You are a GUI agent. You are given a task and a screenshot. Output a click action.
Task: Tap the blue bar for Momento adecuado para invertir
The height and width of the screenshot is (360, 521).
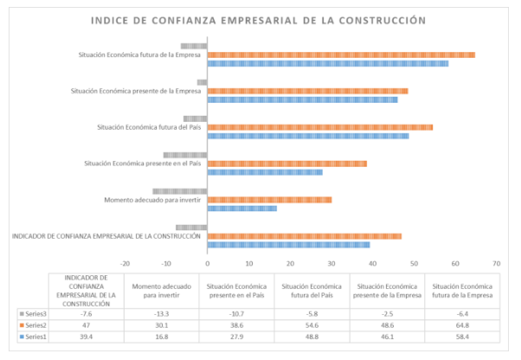[x=242, y=209]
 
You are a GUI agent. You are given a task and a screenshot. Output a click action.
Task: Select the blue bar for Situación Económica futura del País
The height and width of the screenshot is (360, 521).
[x=308, y=136]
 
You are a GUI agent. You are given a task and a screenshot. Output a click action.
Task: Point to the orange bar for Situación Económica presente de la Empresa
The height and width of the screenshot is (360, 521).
[x=308, y=91]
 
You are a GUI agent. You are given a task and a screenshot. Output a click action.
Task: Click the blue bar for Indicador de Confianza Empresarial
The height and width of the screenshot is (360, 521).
[x=289, y=245]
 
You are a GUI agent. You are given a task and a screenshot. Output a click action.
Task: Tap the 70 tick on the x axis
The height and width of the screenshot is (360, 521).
[x=496, y=263]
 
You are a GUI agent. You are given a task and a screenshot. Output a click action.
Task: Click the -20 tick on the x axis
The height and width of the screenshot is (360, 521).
[x=125, y=263]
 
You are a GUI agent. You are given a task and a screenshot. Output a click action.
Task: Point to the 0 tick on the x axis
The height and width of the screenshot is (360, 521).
[x=208, y=263]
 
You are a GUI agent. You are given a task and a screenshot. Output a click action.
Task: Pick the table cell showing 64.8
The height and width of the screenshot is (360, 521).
[x=461, y=325]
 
